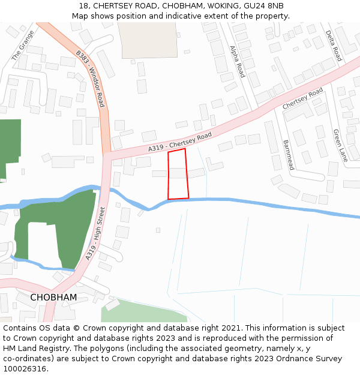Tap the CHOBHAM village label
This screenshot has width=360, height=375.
[53, 298]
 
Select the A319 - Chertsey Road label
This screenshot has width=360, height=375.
[181, 143]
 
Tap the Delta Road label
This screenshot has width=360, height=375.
[333, 46]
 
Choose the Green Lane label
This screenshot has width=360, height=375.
[340, 146]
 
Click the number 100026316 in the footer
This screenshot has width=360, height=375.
[25, 368]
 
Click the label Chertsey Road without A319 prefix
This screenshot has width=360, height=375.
[303, 98]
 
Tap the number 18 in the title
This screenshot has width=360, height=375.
[83, 5]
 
